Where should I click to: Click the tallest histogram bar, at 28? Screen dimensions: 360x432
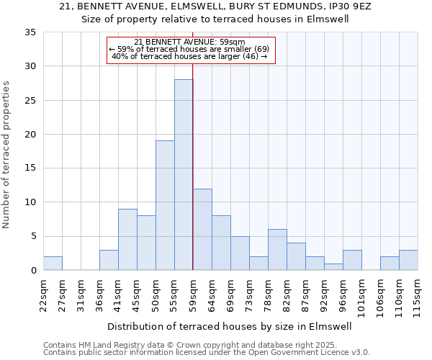[184, 175]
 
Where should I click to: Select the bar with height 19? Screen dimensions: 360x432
[165, 205]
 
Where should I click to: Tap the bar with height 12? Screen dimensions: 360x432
[202, 229]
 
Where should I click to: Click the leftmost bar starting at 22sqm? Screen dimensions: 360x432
[53, 263]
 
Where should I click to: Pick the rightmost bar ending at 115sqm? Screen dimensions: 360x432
[408, 260]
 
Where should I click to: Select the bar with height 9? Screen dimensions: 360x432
[127, 239]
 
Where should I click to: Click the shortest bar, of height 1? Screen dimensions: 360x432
[333, 266]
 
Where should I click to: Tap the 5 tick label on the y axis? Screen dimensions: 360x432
[33, 236]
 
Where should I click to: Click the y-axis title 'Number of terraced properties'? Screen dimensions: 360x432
[6, 154]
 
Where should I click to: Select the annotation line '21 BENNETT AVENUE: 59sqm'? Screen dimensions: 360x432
[190, 42]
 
